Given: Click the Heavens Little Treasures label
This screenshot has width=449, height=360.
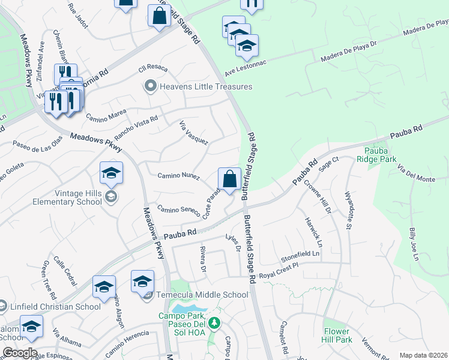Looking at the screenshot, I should tap(205, 86).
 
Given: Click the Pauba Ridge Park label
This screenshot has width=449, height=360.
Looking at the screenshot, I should tap(380, 155).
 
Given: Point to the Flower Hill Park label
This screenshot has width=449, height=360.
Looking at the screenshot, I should tap(337, 335).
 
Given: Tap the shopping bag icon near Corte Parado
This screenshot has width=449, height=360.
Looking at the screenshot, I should tap(229, 179).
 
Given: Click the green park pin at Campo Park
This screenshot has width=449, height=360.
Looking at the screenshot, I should tap(214, 325).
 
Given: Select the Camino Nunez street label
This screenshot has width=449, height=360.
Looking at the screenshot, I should tap(178, 175).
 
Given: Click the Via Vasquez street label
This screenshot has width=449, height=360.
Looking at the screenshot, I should tap(193, 133).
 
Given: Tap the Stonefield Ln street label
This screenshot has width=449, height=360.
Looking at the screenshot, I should tap(301, 255).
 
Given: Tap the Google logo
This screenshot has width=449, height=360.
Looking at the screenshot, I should tap(19, 353).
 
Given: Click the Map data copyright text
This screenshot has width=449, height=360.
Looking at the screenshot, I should tap(423, 355).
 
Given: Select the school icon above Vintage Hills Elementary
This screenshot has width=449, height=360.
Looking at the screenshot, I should tap(111, 173).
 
